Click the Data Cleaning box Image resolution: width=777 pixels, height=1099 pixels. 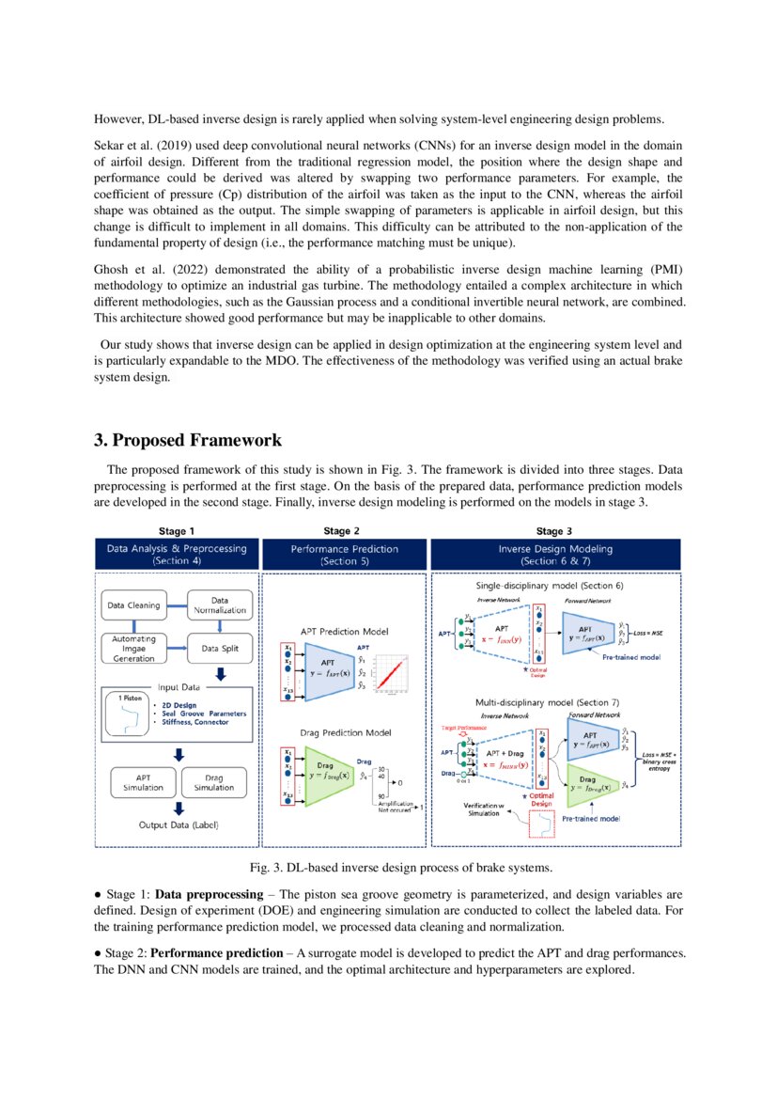(133, 605)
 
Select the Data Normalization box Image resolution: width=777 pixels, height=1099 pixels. (219, 604)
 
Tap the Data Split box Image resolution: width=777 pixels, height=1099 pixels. (219, 647)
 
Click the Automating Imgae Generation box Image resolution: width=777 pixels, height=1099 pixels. (133, 647)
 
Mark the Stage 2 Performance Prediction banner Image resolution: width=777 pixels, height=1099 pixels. (345, 554)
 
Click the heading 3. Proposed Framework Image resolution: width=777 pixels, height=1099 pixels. (187, 440)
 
